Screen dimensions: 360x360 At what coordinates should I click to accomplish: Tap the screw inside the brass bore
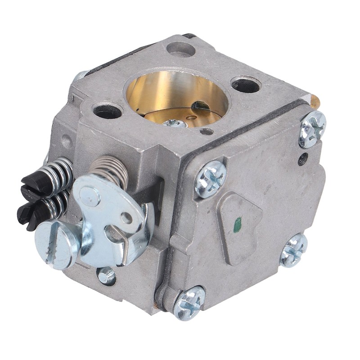pos(175,123)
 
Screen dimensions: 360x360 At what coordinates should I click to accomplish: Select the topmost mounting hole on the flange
pos(180,49)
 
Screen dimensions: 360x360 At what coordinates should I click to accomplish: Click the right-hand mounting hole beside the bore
pos(246,84)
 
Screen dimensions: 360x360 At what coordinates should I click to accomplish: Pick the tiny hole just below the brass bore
pos(206,132)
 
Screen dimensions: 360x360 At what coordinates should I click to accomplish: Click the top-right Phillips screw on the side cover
pos(312,129)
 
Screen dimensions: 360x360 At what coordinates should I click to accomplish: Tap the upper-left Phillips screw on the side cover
pos(210,179)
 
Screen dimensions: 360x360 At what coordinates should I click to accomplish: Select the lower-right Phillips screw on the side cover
pos(293,250)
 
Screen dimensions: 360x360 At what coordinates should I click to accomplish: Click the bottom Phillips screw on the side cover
pos(189,302)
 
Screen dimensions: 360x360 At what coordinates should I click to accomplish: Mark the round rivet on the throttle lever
pos(90,196)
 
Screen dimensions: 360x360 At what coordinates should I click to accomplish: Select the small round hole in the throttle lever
pos(128,218)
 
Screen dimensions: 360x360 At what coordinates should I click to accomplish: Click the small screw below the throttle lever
pos(106,275)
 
